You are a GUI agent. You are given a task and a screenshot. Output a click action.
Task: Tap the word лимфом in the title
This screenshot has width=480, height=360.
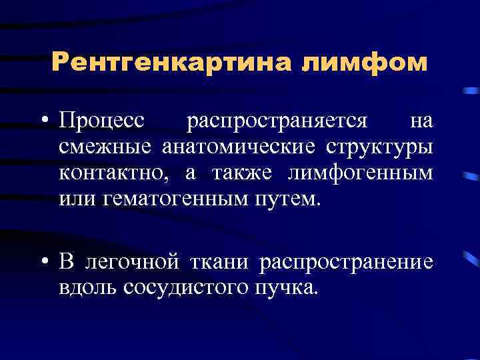(365, 63)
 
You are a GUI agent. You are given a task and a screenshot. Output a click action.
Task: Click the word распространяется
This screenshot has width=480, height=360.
(277, 121)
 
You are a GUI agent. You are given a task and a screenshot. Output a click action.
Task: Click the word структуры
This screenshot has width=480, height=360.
(379, 147)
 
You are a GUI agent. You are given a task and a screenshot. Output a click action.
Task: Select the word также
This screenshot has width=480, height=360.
(243, 173)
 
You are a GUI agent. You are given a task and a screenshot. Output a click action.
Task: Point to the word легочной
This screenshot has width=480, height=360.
(131, 262)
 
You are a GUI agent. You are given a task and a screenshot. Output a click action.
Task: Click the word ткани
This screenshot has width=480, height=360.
(219, 262)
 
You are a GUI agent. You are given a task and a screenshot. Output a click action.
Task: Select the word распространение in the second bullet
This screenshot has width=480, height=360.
(346, 262)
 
